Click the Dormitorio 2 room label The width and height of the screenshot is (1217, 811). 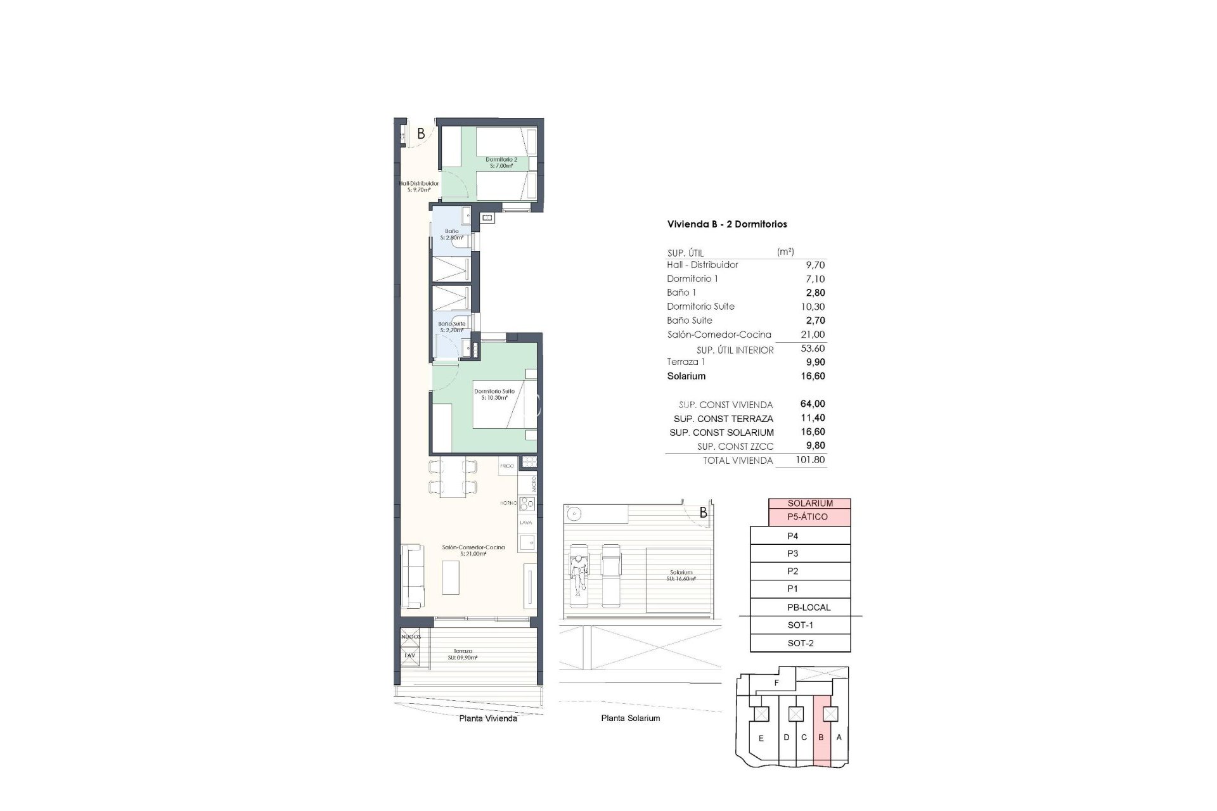(x=501, y=162)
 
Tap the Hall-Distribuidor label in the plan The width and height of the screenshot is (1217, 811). (x=418, y=186)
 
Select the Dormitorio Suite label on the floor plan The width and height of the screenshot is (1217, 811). (x=494, y=394)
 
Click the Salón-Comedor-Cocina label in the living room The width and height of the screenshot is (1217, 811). (x=473, y=550)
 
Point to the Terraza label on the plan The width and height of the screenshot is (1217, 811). (x=462, y=654)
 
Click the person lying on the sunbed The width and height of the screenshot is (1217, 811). (x=578, y=574)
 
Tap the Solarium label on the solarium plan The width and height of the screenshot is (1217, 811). (x=681, y=575)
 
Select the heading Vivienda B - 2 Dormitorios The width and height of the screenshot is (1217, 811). (x=727, y=224)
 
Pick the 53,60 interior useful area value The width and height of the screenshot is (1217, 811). (x=812, y=348)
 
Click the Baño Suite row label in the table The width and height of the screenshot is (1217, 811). (x=690, y=321)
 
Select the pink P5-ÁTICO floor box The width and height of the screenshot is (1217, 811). (x=809, y=517)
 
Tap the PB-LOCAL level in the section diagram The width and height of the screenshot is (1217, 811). (x=808, y=607)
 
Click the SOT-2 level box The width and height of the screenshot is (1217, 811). (x=800, y=643)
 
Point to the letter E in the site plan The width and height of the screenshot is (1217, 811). (x=761, y=738)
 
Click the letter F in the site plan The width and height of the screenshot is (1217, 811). (x=776, y=683)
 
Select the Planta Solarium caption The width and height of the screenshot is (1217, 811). (x=630, y=718)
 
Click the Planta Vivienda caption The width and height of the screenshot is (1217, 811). (x=487, y=718)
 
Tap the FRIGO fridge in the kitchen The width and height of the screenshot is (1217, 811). (x=507, y=466)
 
